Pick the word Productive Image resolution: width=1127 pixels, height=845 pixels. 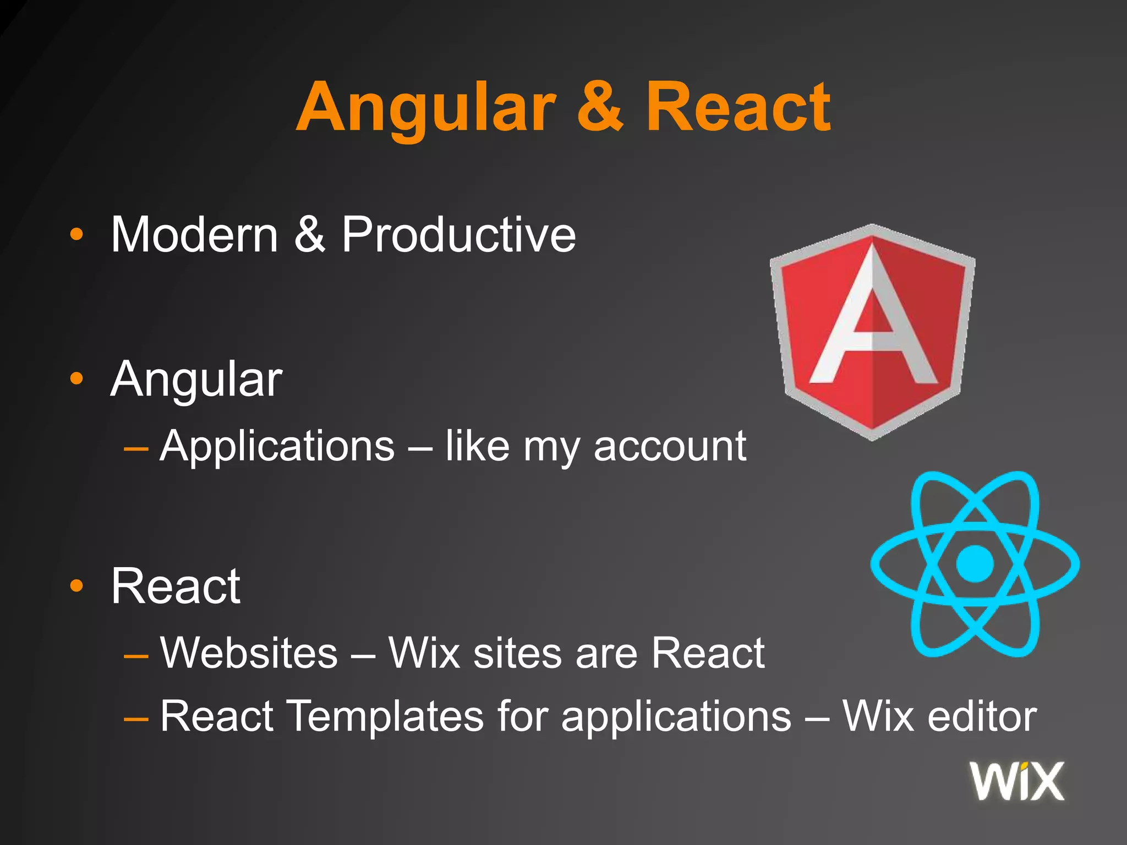(x=458, y=235)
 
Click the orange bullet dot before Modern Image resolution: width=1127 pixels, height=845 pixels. (x=77, y=235)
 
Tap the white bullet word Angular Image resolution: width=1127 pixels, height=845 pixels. (x=196, y=380)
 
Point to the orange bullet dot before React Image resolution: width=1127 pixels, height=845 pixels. (x=77, y=586)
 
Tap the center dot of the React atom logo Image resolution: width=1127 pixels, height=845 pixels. (x=975, y=563)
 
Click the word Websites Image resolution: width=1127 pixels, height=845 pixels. (x=249, y=654)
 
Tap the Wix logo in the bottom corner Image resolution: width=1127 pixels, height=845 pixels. (x=1017, y=781)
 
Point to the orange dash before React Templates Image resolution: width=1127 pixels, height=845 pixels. (x=136, y=718)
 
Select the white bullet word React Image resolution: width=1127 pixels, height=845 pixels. (x=176, y=586)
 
